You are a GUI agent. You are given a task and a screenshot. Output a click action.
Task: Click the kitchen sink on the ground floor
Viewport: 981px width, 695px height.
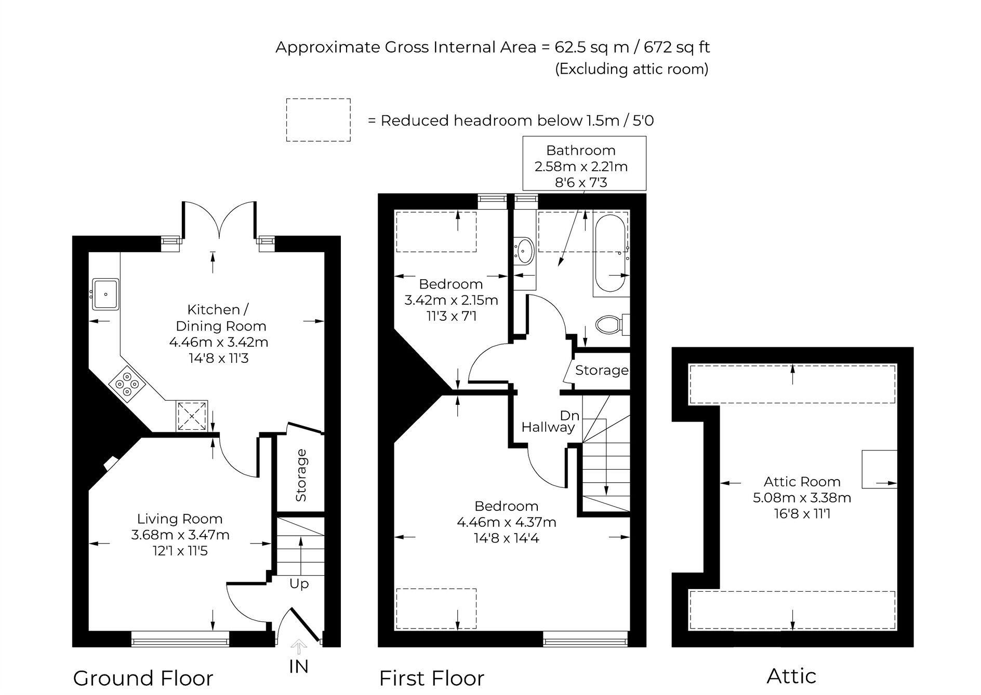106,294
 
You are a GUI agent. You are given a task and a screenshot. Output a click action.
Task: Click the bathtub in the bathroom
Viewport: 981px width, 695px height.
612,254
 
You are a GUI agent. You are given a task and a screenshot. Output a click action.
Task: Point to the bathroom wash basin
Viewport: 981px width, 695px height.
524,251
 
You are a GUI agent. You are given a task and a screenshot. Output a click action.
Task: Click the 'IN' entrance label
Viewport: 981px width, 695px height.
299,667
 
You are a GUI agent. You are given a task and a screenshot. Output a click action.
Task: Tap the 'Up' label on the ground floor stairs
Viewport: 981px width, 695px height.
299,584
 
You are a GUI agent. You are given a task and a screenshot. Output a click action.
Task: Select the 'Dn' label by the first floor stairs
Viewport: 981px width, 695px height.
569,415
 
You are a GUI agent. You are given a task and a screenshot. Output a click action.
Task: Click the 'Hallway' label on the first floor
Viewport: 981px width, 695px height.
548,427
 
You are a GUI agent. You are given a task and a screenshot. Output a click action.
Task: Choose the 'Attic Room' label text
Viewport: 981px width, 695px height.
802,481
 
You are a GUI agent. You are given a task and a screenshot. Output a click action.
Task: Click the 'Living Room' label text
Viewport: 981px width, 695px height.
180,519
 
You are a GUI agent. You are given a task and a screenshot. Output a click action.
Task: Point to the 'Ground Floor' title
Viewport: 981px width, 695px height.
143,678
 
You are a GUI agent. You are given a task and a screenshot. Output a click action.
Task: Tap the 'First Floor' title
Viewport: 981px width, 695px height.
432,678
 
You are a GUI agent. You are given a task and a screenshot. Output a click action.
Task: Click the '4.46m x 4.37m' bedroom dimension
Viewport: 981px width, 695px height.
507,522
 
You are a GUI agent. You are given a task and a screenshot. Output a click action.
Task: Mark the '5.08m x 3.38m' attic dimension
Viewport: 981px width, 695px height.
802,498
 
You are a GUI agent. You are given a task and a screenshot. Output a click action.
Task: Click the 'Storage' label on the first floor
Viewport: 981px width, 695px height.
602,370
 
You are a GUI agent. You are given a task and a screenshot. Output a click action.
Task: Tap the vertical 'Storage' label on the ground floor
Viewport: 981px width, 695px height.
301,475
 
